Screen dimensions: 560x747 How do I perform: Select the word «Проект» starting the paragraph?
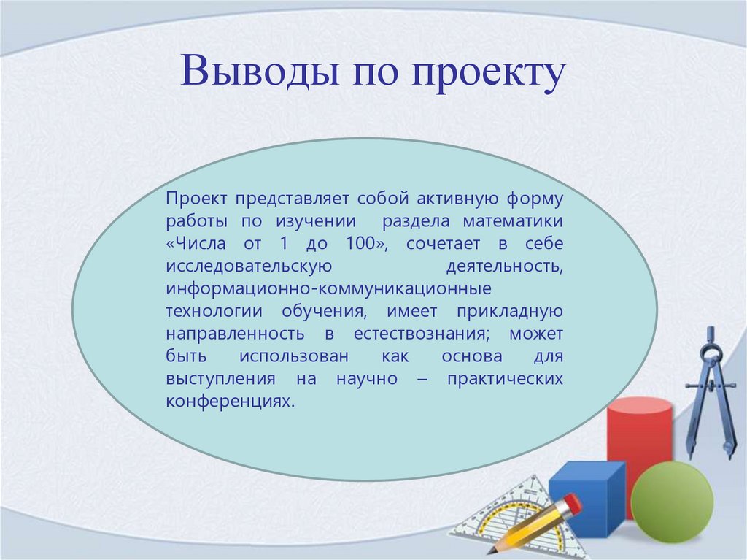pyautogui.click(x=197, y=199)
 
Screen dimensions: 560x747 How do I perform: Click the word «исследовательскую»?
pyautogui.click(x=249, y=266)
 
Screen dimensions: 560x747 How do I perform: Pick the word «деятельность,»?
pyautogui.click(x=503, y=266)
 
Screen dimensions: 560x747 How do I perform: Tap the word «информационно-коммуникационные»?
pyautogui.click(x=328, y=289)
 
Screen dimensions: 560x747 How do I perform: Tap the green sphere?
pyautogui.click(x=672, y=502)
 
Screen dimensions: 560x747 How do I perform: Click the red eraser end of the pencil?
pyautogui.click(x=573, y=503)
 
